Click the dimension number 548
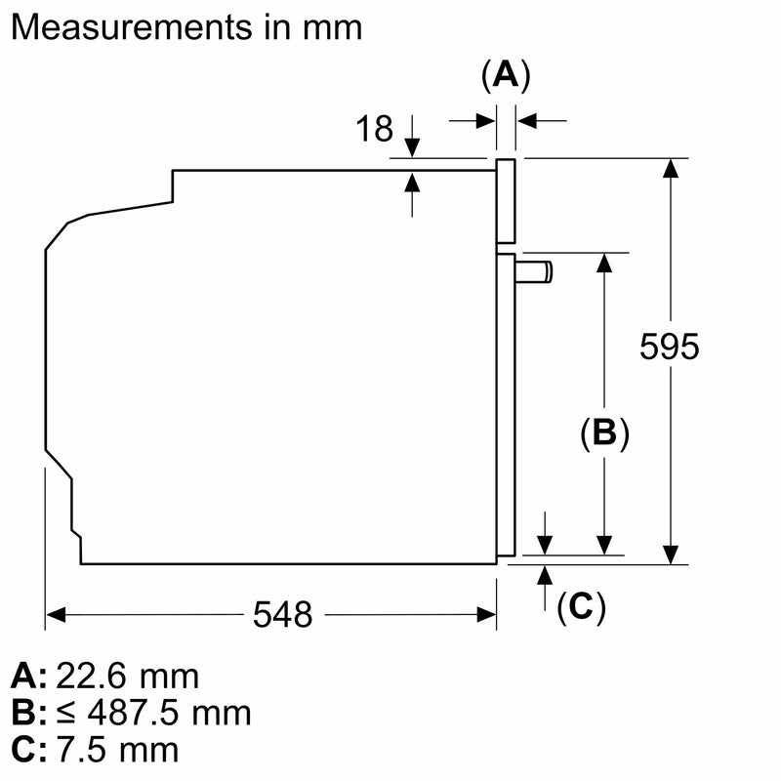(x=282, y=614)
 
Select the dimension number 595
(x=669, y=347)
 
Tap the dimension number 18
(x=374, y=129)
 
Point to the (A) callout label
(x=506, y=76)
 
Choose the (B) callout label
(x=604, y=432)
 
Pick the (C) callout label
(x=581, y=606)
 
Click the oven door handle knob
(x=533, y=272)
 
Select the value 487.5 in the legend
(x=133, y=713)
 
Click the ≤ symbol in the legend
(x=66, y=714)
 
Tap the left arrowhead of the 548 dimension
(x=56, y=615)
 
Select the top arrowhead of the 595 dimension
(x=671, y=168)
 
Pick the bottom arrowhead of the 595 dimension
(x=671, y=555)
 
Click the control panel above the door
(x=506, y=201)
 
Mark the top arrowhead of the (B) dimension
(x=604, y=263)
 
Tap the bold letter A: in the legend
(x=29, y=676)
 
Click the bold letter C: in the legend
(x=29, y=750)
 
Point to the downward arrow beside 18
(x=412, y=136)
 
